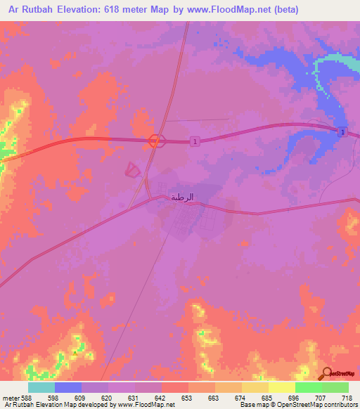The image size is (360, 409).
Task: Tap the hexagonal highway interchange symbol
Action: (154, 141)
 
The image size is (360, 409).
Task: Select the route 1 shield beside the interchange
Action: (194, 141)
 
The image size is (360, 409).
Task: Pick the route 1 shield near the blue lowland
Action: (342, 132)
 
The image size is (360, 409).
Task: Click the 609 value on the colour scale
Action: (88, 397)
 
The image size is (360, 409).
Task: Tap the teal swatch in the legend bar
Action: (41, 387)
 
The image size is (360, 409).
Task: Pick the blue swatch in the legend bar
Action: (68, 387)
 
